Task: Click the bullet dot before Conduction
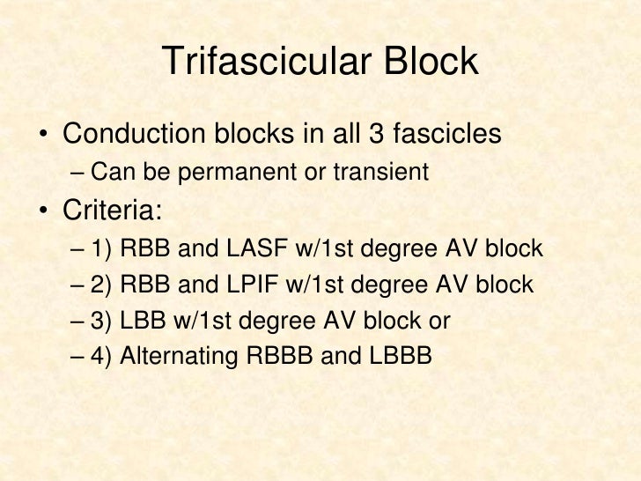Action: [x=42, y=137]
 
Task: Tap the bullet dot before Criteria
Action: [x=42, y=212]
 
